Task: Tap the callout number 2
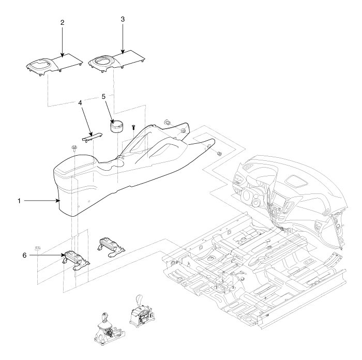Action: point(62,23)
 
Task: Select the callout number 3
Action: point(123,19)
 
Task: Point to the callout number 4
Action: point(80,103)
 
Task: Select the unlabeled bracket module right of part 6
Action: point(110,244)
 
